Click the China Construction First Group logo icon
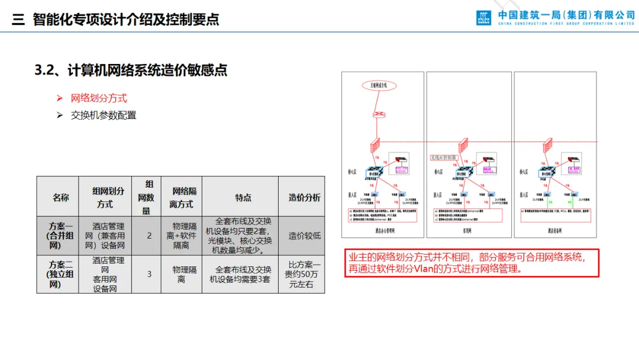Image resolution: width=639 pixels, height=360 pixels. tap(483, 17)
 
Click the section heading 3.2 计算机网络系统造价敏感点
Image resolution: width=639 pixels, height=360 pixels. tap(131, 70)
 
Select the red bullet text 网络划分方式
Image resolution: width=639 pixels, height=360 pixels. tap(99, 98)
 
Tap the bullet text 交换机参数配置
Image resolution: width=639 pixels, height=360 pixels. tap(104, 115)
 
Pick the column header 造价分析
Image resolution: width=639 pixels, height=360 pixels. tap(304, 197)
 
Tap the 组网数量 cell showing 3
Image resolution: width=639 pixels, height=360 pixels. tap(149, 274)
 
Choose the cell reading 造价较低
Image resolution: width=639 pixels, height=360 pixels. tap(304, 235)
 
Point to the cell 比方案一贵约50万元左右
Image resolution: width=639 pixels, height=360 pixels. tap(304, 274)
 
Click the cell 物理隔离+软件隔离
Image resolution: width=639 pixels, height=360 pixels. tap(181, 235)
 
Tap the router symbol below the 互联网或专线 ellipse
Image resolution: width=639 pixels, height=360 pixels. tap(378, 114)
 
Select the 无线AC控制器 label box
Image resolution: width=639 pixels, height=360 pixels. tap(443, 157)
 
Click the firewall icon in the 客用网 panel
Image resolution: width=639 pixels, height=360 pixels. tap(463, 145)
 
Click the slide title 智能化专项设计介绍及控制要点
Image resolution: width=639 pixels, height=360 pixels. tap(125, 19)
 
